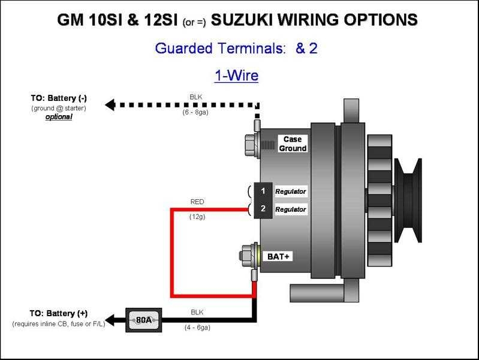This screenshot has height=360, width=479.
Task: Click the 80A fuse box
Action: [143, 320]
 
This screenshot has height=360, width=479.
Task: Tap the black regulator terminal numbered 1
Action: [263, 191]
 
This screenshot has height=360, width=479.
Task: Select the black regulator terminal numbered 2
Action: [263, 209]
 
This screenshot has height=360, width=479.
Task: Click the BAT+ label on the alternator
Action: [278, 256]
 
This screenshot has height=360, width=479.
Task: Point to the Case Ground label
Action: [293, 144]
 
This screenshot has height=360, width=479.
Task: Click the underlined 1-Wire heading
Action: [236, 76]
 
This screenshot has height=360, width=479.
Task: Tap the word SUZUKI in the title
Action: [248, 20]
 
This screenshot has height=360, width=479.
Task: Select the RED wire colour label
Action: [197, 202]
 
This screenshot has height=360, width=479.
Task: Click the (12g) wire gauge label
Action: [197, 217]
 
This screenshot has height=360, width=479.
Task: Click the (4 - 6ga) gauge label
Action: [197, 328]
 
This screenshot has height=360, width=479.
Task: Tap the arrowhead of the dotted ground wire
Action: [110, 104]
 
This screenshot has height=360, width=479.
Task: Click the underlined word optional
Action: [59, 117]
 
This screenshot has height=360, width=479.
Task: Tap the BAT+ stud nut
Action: [245, 254]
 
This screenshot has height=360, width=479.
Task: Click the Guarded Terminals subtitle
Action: [236, 49]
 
